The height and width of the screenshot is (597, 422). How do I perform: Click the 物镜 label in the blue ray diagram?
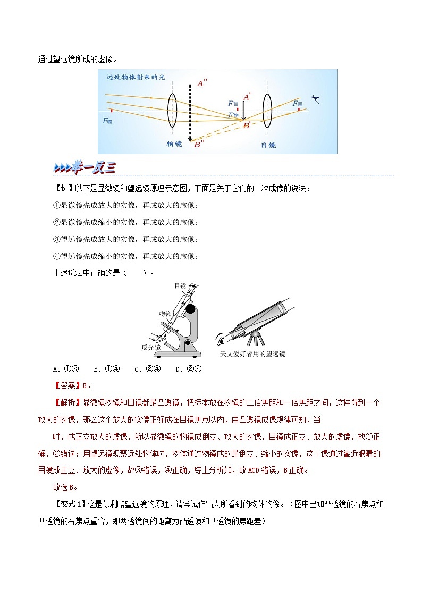(x=174, y=144)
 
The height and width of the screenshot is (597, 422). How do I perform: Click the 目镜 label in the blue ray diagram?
(x=268, y=145)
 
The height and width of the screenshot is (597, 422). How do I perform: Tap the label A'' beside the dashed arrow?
(x=202, y=83)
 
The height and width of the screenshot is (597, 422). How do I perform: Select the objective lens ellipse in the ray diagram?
(x=172, y=111)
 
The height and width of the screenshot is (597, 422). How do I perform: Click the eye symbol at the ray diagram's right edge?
(x=317, y=99)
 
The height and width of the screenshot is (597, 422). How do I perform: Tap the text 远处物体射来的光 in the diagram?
(x=136, y=77)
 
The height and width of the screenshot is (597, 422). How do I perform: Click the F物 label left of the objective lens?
(x=107, y=121)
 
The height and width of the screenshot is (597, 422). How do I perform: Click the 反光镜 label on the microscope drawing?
(x=150, y=348)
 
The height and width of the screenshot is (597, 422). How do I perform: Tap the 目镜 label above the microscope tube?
(x=180, y=285)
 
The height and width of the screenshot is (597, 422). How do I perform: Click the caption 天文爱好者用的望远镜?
(x=253, y=354)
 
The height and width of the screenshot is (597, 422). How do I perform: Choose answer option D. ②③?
(x=187, y=369)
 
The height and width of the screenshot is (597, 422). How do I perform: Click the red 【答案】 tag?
(x=65, y=386)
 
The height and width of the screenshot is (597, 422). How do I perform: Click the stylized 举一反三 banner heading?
(x=85, y=168)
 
